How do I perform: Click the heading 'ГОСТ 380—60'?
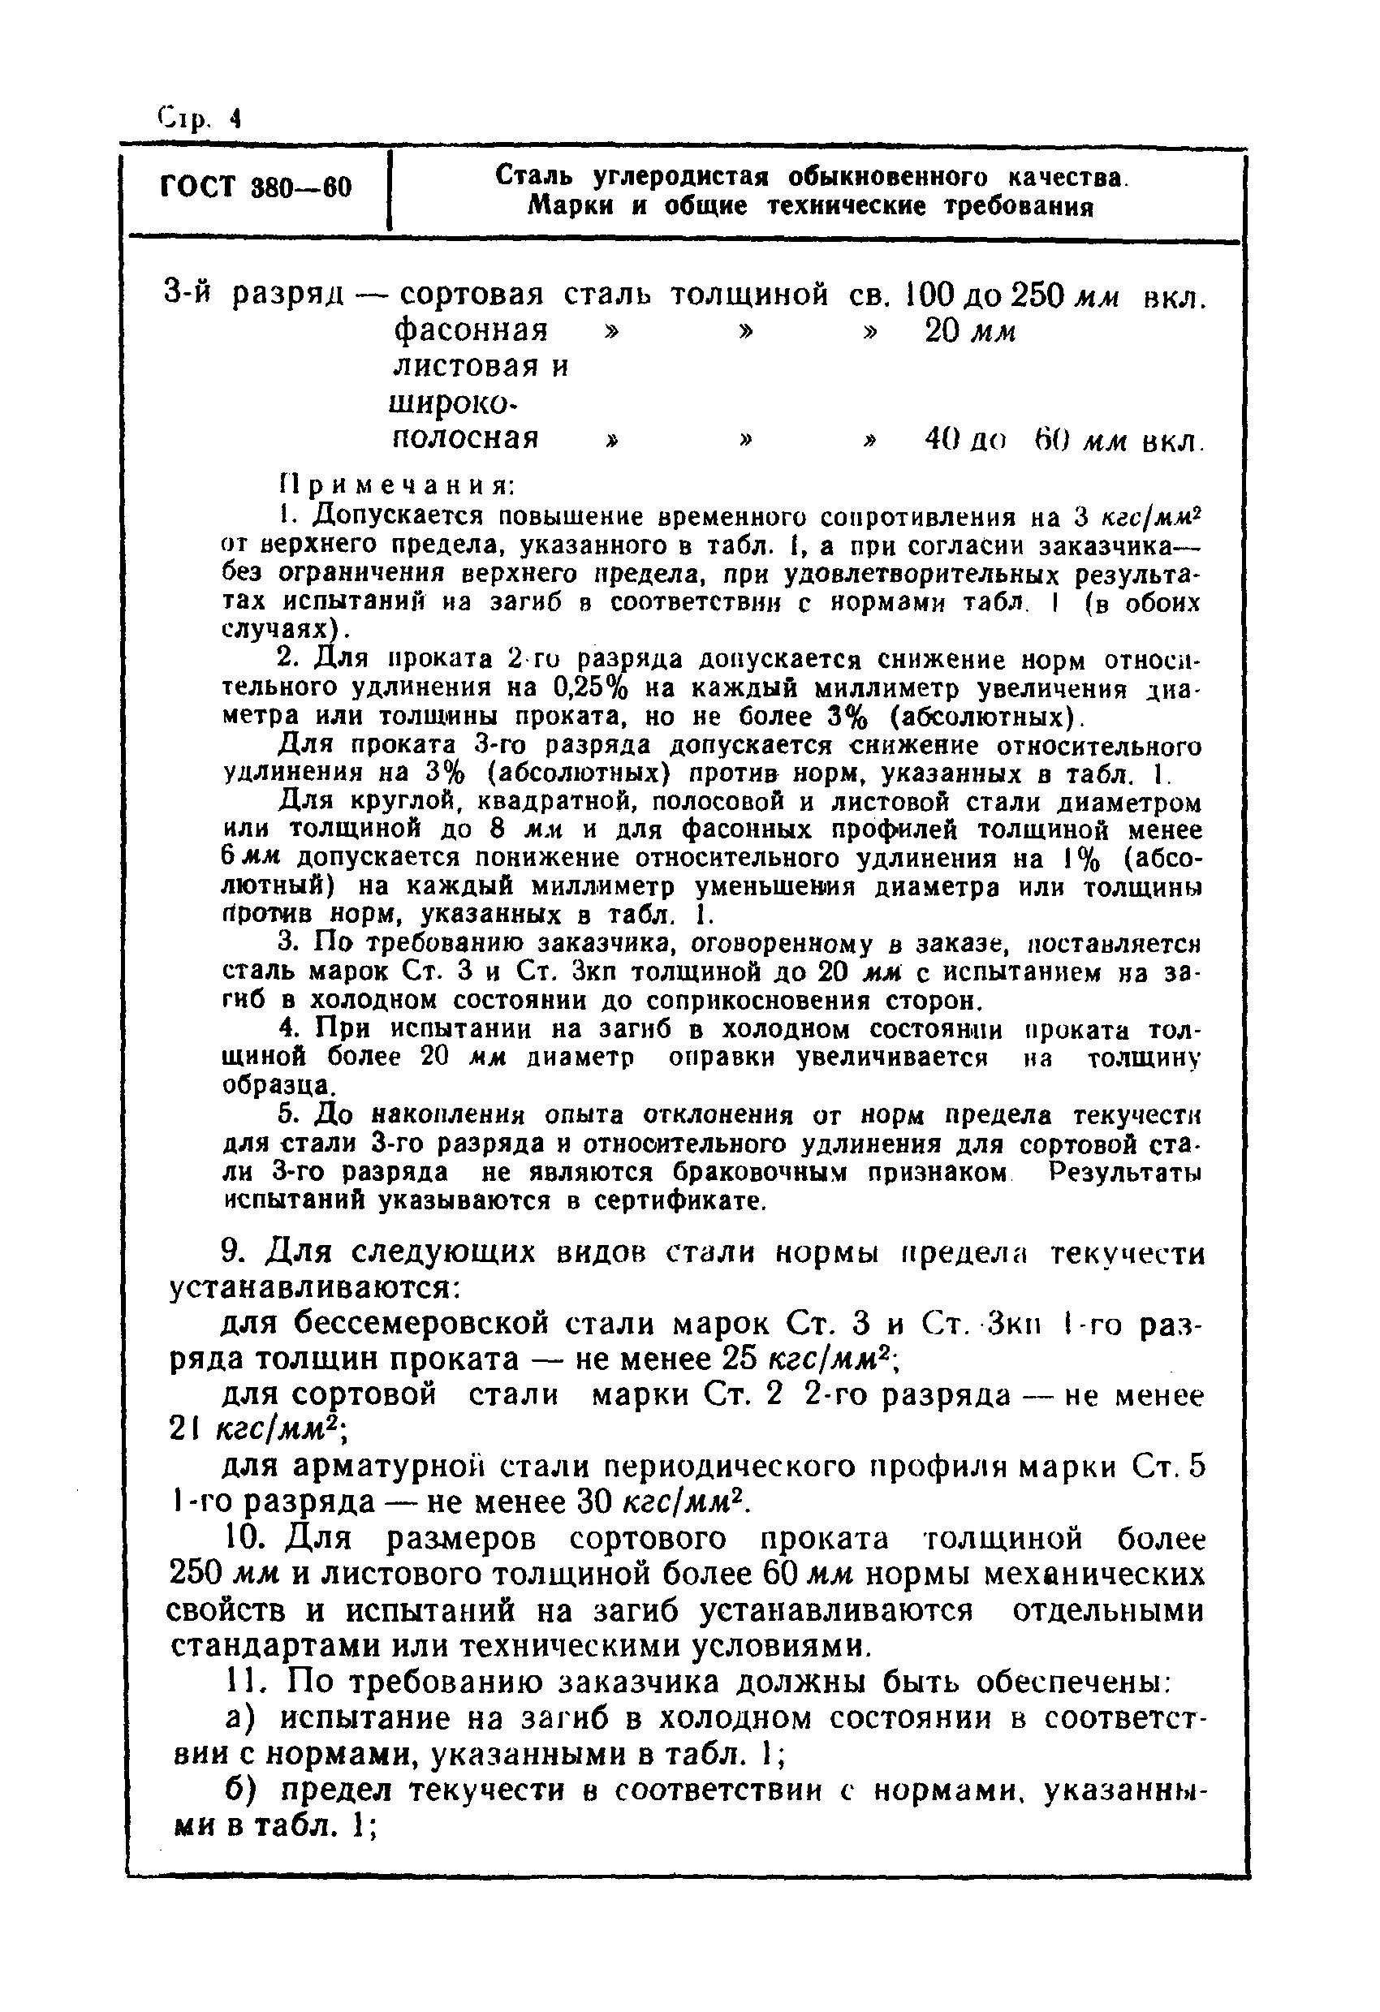256,187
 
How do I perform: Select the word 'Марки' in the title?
572,207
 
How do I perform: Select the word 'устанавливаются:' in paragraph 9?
312,1289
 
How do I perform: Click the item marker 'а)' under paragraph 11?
240,1717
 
